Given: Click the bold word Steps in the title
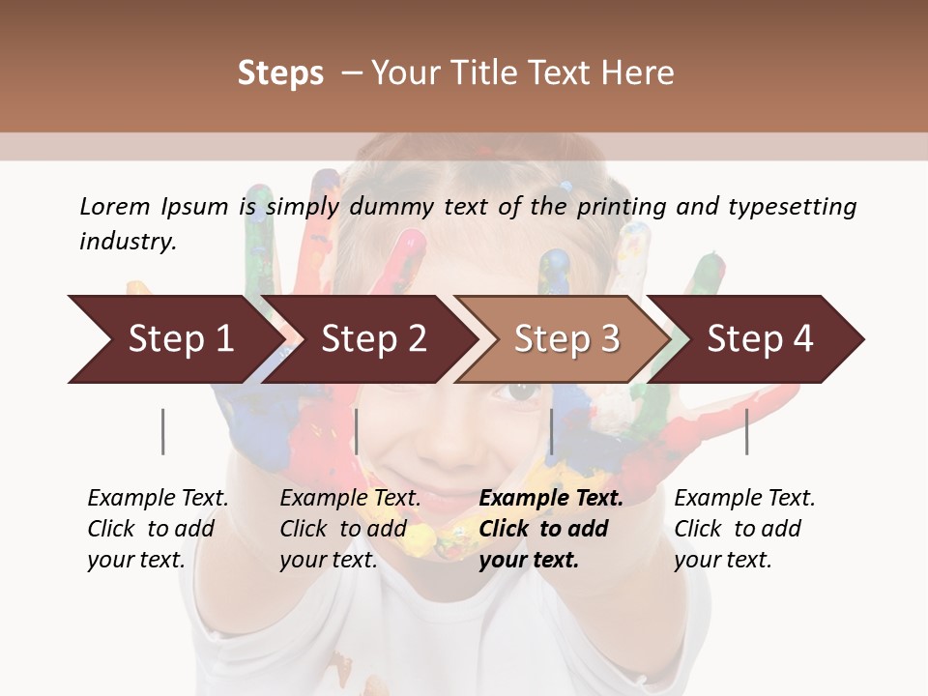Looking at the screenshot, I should [x=280, y=73].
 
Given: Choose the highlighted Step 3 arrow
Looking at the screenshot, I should [x=566, y=339].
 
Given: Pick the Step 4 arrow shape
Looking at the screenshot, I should [x=760, y=339].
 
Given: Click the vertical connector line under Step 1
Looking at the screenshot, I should [x=163, y=431].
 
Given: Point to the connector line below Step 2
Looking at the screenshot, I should [x=357, y=431].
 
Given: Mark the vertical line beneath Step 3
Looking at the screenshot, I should [x=551, y=431].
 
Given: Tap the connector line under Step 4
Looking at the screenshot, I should [x=746, y=431].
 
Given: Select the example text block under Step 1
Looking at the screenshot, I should [x=158, y=529].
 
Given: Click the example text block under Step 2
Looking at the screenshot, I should [x=350, y=529].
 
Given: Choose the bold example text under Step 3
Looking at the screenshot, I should [x=551, y=529].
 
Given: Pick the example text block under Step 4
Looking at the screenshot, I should [x=744, y=529].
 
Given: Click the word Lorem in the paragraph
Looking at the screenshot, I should [x=114, y=207].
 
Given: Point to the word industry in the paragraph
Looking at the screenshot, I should [x=128, y=242].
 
